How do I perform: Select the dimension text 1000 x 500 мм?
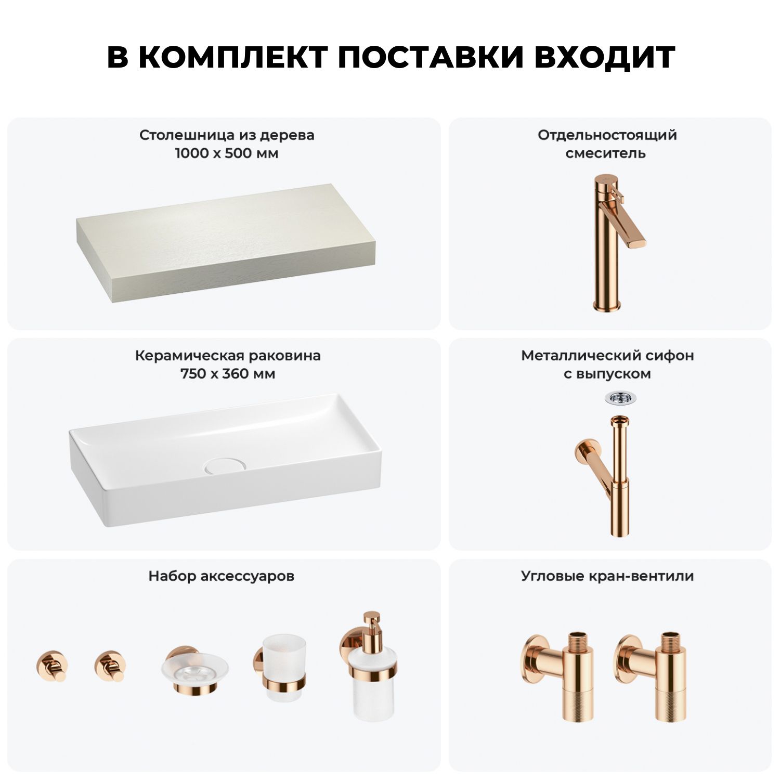(227, 153)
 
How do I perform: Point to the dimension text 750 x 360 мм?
(228, 374)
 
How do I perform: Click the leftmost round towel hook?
(52, 666)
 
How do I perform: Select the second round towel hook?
(110, 666)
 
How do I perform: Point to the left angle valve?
(557, 676)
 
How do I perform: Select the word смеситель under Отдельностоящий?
(606, 153)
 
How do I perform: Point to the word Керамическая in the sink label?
(190, 356)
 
